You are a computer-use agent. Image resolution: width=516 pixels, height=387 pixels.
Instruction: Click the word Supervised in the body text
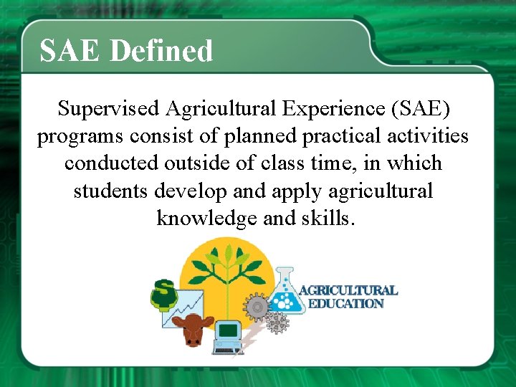tap(109, 109)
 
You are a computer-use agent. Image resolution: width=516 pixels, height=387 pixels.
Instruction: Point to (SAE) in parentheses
tap(420, 109)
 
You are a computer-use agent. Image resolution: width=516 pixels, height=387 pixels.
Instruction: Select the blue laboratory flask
tap(285, 294)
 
